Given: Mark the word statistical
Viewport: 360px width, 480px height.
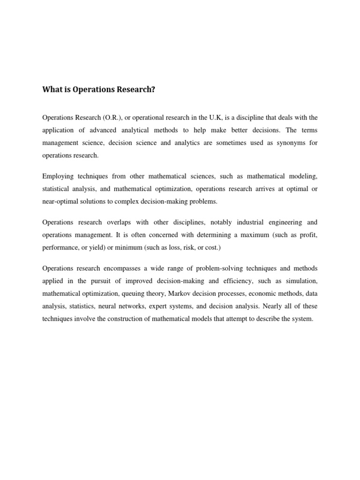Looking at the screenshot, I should tap(57, 189).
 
